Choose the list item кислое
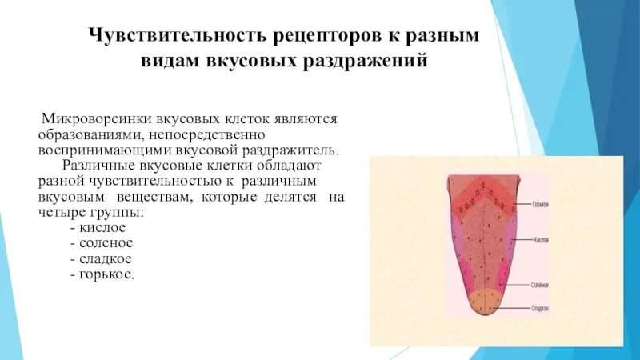(102, 227)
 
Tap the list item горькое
(106, 274)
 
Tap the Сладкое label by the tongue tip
(540, 307)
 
